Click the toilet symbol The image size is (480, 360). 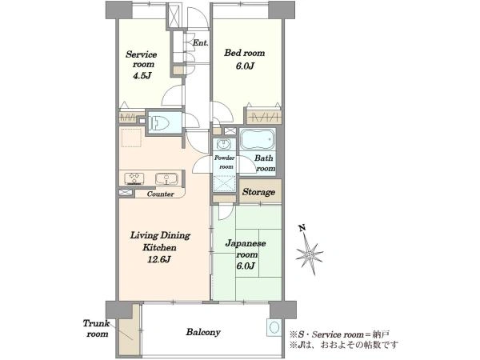coord(158,122)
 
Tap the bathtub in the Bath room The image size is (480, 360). coord(258,139)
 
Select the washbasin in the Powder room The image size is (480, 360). coord(225,144)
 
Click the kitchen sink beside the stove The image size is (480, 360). coord(166,178)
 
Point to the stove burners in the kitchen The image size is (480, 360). coord(134,178)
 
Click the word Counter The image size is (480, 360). coord(161,194)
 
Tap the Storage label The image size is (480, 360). coord(258,192)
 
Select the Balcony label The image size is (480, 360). coord(203,332)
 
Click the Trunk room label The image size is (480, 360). coord(97,329)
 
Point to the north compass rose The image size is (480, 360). coord(310,254)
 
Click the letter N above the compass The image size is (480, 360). coord(302,228)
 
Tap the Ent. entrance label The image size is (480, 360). coord(201,43)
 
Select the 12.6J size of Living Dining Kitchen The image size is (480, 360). coord(159,259)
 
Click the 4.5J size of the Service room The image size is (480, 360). coord(142,76)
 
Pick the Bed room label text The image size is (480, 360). coord(244,53)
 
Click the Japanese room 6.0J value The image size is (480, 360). coord(246,266)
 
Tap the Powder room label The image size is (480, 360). coord(225,162)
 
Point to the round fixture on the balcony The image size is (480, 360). coord(274,327)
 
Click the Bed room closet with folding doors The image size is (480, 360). coord(263,116)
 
